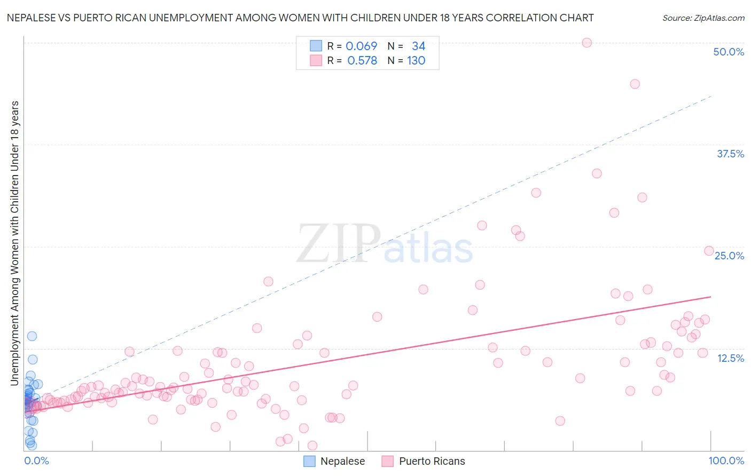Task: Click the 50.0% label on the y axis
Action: (729, 52)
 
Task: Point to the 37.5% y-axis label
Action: (730, 154)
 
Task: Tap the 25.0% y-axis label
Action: (729, 256)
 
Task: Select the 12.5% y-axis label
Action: (730, 358)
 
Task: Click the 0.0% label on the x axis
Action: (36, 461)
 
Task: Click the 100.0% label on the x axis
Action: (726, 461)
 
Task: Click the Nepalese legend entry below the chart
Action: (342, 461)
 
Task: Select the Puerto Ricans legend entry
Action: (432, 461)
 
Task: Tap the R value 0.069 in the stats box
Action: (362, 46)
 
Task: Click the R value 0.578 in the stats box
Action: (362, 60)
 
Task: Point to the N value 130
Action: (416, 60)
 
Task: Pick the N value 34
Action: (418, 46)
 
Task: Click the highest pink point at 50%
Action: (586, 43)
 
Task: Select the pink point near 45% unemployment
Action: (635, 84)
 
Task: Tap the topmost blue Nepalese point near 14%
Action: (32, 336)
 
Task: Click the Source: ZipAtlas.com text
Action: (703, 18)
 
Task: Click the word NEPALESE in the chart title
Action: (32, 18)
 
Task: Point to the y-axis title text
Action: (14, 243)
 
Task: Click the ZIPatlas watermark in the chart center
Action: (385, 244)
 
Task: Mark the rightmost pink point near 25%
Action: (709, 251)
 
